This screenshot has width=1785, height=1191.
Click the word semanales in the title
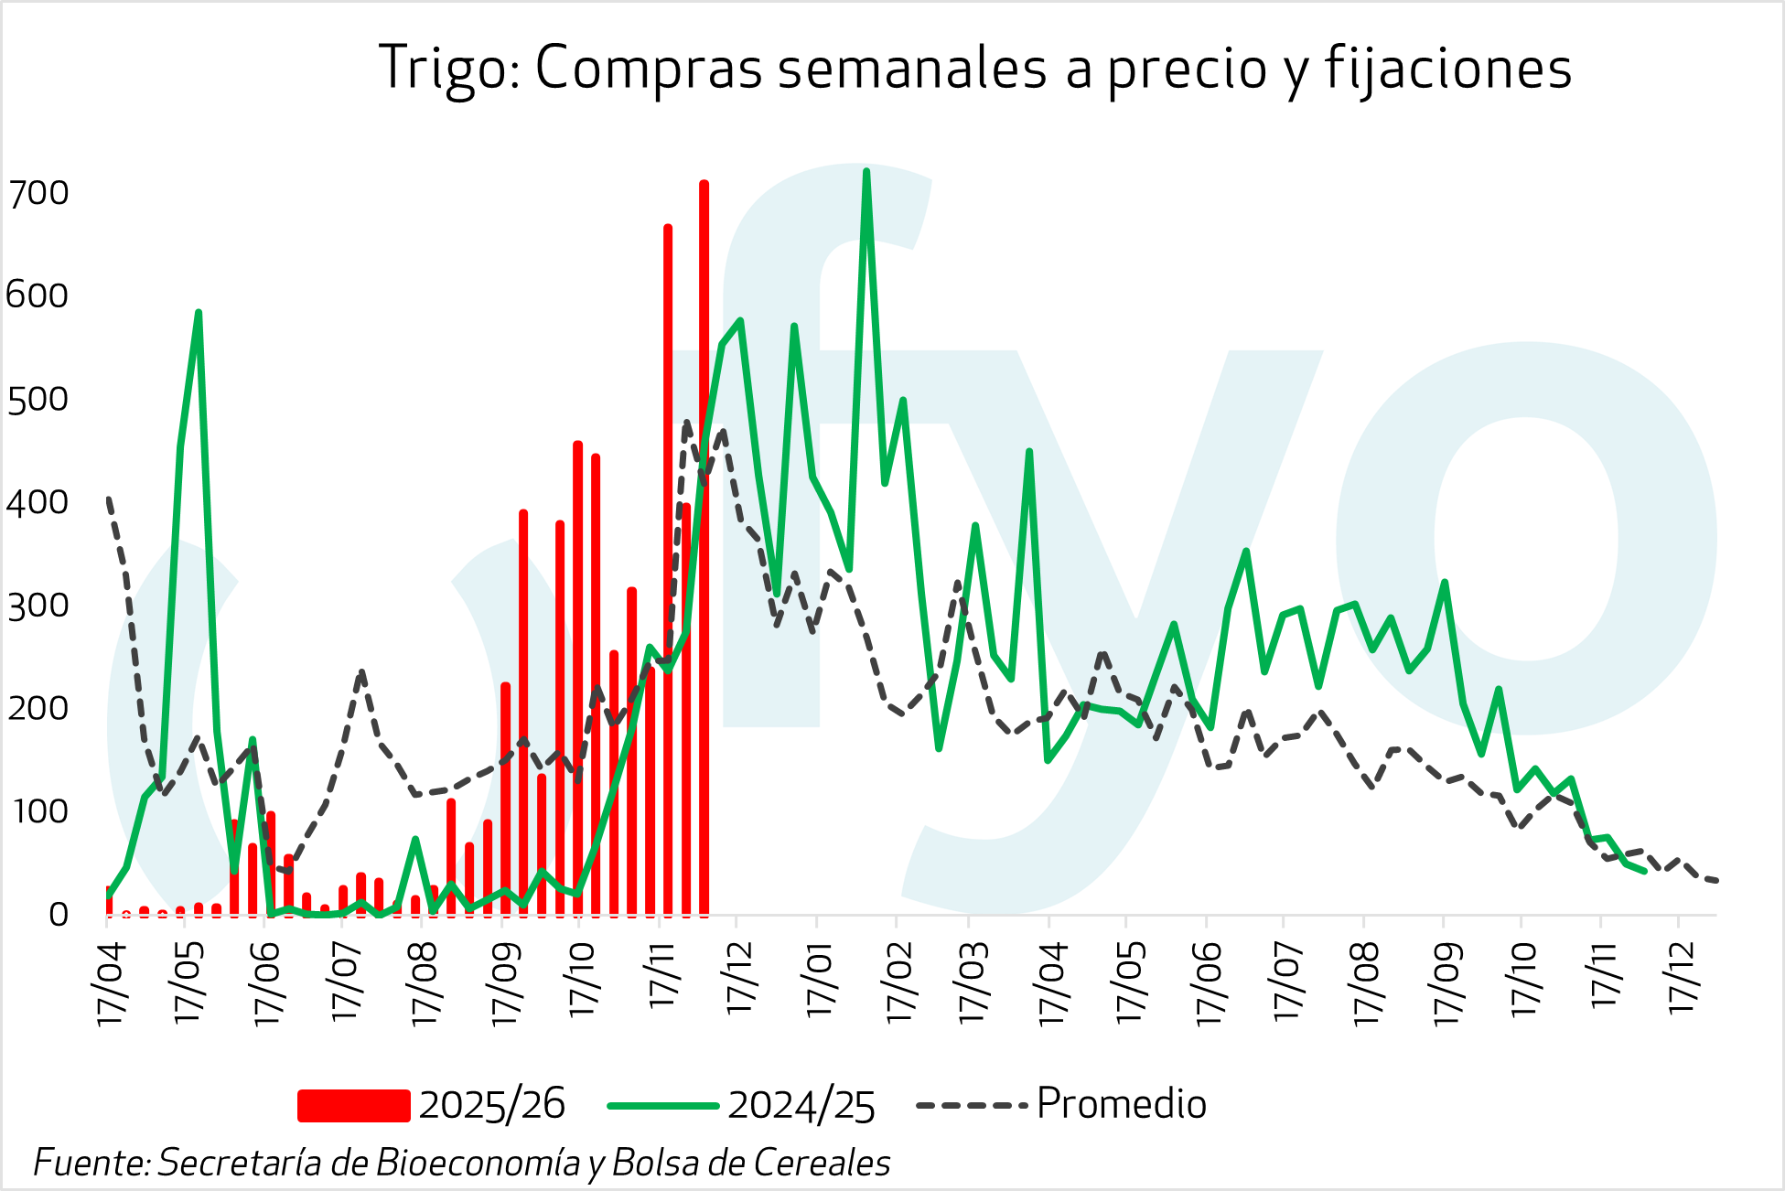pos(911,70)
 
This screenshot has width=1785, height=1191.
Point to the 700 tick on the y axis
pos(38,193)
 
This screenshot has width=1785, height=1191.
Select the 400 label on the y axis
pos(38,502)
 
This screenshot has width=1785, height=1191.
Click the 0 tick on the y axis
pos(59,914)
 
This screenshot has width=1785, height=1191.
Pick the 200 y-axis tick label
pos(38,708)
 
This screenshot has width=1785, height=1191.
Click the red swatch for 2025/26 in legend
pos(353,1105)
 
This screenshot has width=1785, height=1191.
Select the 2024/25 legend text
pos(801,1105)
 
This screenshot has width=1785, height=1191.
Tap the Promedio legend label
pos(1121,1104)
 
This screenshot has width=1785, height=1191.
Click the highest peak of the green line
pos(866,172)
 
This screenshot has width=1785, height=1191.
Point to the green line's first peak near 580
pos(198,314)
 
